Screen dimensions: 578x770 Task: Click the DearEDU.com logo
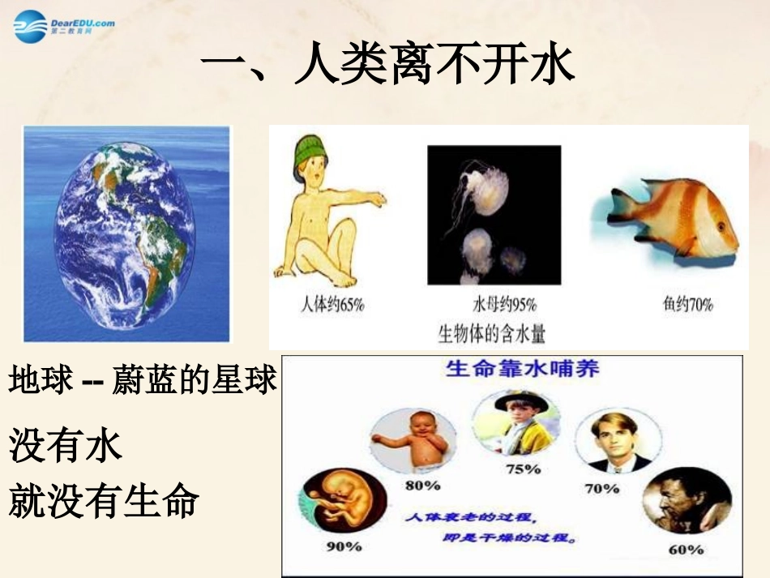coord(63,27)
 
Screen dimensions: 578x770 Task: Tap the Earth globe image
coord(126,233)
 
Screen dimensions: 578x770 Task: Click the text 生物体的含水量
coord(491,332)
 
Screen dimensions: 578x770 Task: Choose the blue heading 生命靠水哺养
coord(523,369)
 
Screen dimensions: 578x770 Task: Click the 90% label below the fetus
coord(344,546)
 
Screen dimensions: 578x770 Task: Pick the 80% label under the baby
coord(423,485)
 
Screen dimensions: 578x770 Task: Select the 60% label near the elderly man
coord(686,549)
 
